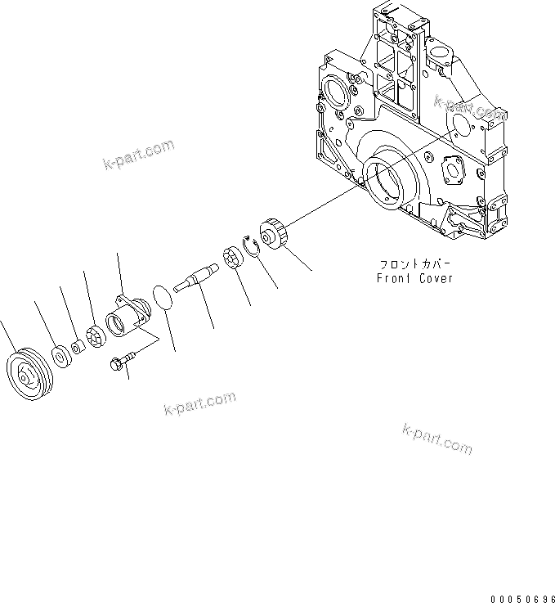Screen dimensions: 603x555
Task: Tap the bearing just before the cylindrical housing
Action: tap(96, 335)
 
